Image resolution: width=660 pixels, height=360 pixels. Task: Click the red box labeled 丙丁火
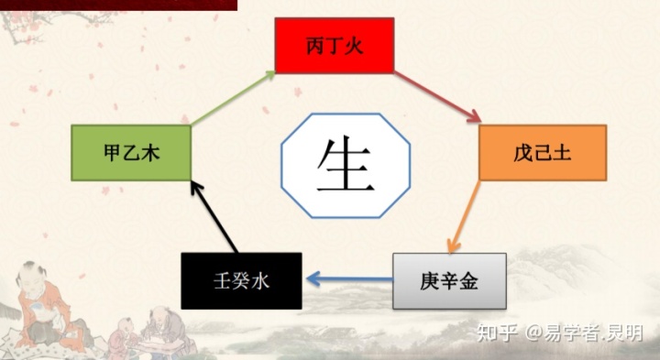point(335,45)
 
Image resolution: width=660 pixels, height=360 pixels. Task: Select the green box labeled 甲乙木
point(131,153)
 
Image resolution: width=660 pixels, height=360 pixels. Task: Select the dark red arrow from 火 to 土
point(438,97)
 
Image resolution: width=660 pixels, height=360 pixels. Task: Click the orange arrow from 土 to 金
point(464,216)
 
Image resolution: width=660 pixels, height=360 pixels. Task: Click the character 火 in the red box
point(358,46)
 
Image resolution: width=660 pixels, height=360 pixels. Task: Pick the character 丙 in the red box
point(314,46)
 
